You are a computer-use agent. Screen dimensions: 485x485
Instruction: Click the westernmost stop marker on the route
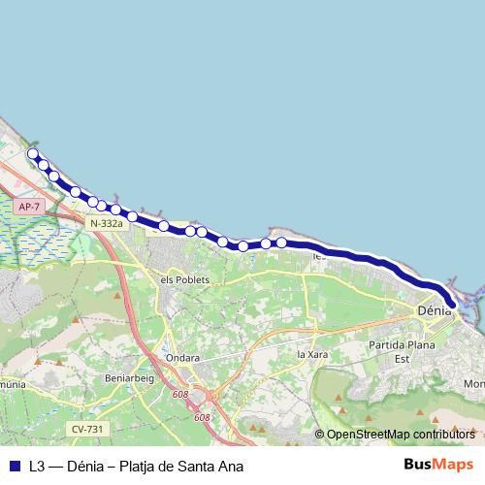point(33,153)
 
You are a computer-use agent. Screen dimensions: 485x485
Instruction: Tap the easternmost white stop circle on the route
point(281,242)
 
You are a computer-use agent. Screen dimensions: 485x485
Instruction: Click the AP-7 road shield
point(29,207)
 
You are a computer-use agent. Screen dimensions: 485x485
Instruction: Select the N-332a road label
point(106,223)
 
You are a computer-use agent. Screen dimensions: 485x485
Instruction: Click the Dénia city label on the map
point(432,311)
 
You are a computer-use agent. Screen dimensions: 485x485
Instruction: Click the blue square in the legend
point(15,467)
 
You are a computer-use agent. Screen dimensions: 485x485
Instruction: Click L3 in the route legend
point(37,467)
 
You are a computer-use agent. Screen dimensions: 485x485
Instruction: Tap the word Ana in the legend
point(231,467)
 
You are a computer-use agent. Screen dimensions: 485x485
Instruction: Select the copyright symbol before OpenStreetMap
point(320,435)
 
